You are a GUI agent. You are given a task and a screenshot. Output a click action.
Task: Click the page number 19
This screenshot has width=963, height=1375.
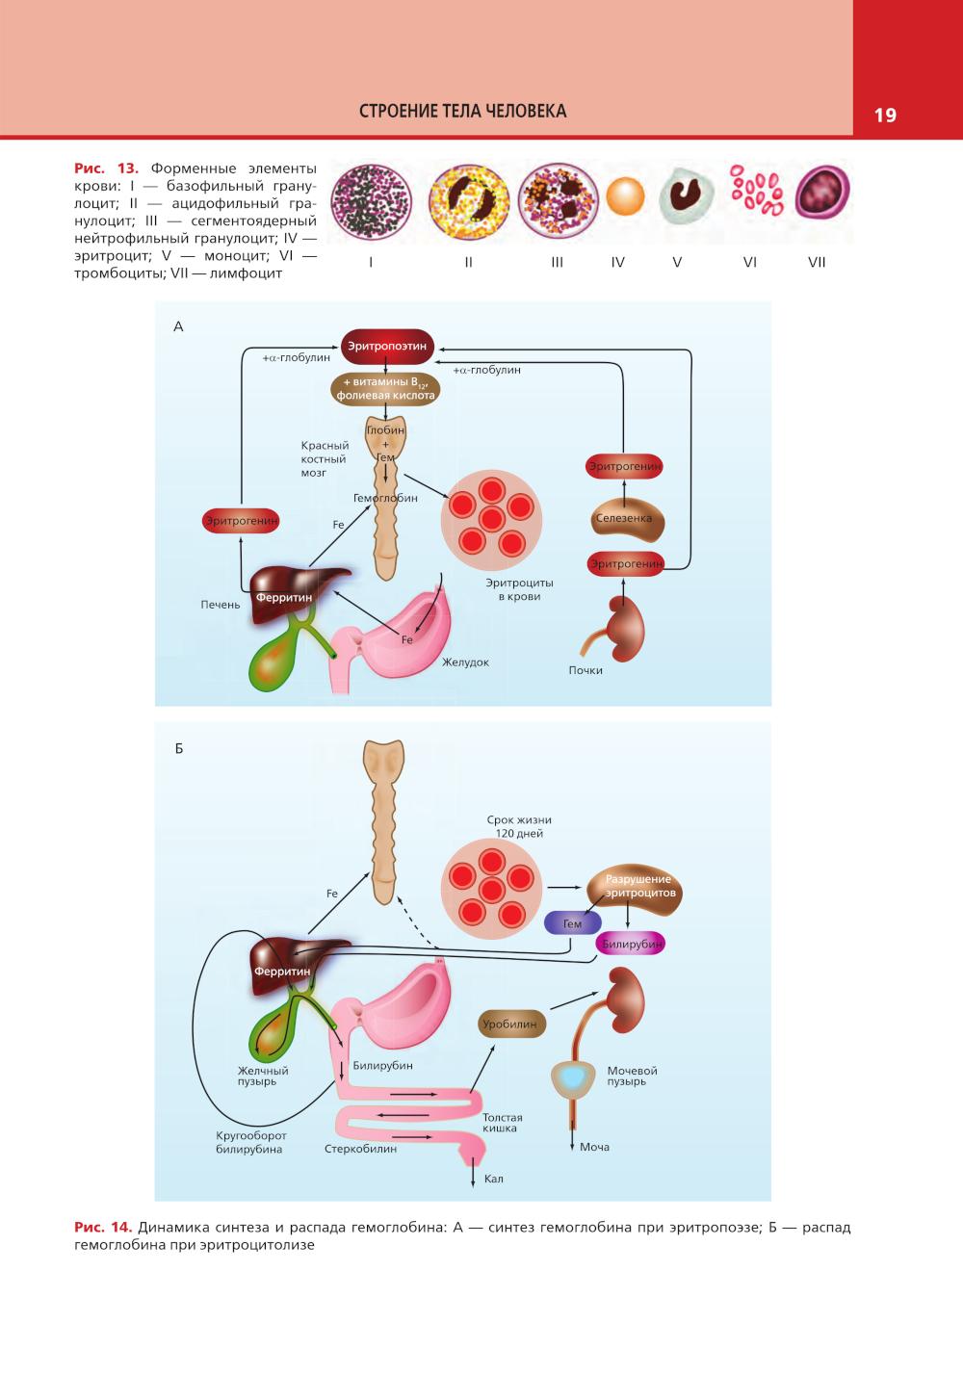click(x=885, y=116)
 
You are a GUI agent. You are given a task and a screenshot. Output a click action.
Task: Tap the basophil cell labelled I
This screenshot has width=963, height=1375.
click(x=371, y=202)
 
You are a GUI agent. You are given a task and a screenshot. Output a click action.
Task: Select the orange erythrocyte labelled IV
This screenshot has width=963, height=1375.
click(x=626, y=197)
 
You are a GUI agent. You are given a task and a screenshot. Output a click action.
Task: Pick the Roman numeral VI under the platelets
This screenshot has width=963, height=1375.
click(x=750, y=262)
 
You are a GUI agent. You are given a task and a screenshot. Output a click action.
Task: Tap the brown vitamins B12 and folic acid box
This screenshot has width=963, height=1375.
click(x=385, y=388)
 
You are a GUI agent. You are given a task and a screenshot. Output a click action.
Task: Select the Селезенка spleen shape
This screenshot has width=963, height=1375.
click(x=623, y=518)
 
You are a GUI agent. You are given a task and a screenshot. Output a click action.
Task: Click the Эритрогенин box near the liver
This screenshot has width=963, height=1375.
click(x=242, y=521)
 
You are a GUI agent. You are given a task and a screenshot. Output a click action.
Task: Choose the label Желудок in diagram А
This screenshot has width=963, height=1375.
click(x=466, y=662)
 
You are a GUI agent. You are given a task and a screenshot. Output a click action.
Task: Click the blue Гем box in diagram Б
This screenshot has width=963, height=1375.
click(x=572, y=923)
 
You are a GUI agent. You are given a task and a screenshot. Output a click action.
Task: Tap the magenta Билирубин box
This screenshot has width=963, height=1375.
click(x=632, y=945)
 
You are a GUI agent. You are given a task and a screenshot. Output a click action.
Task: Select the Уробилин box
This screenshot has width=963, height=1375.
click(x=510, y=1025)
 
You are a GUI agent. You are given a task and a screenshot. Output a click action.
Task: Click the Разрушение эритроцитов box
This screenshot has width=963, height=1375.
click(x=638, y=886)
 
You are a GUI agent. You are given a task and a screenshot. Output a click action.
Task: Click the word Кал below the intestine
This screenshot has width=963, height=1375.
click(x=493, y=1179)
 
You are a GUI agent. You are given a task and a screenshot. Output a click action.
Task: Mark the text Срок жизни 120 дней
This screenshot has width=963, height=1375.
click(x=519, y=826)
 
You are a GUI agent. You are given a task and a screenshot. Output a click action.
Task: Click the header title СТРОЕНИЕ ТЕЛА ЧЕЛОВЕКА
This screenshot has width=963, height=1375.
click(x=462, y=111)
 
